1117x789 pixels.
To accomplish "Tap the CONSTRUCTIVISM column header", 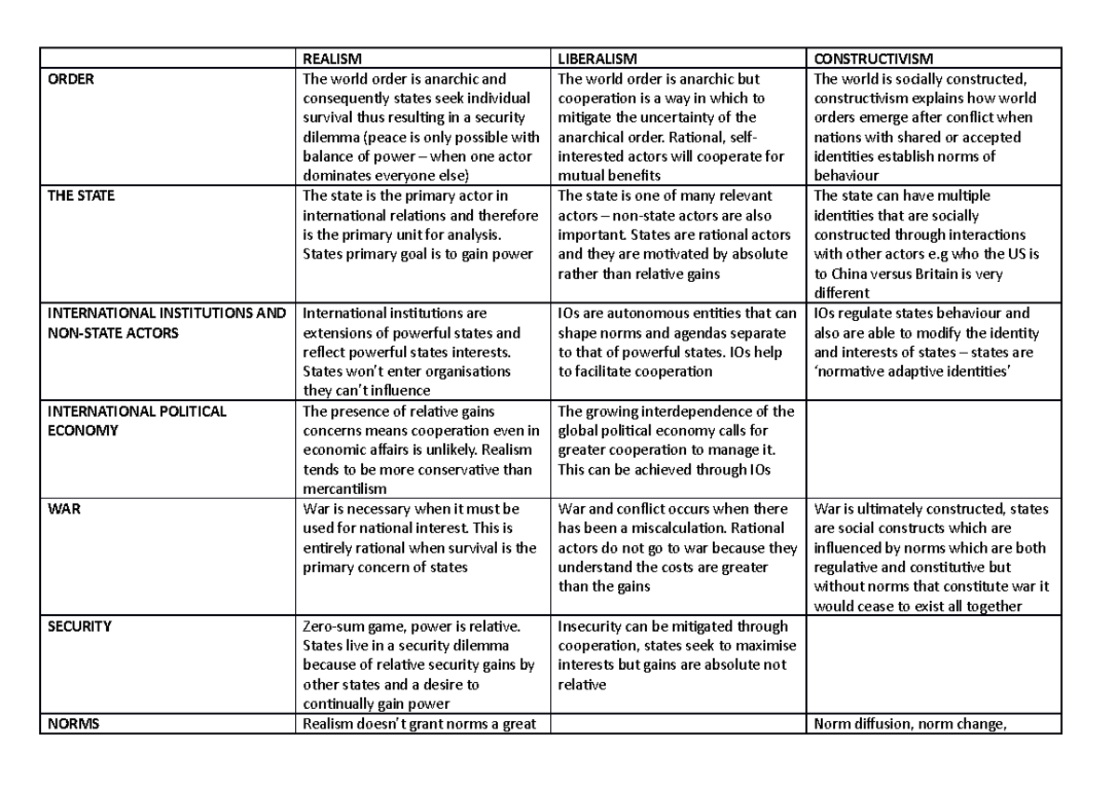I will click(873, 60).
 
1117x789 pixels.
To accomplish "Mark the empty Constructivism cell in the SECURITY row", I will click(934, 665).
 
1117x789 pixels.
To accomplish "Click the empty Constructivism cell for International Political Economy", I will click(934, 450).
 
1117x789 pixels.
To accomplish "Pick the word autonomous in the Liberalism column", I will click(652, 314).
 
